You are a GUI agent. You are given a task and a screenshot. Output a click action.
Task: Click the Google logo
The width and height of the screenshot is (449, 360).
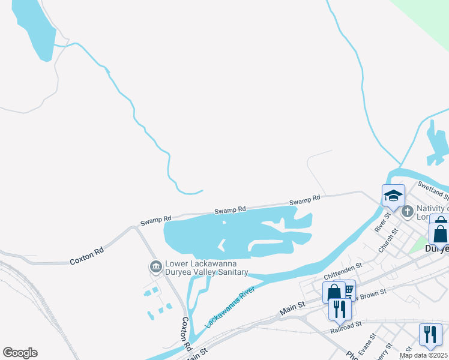tap(20, 353)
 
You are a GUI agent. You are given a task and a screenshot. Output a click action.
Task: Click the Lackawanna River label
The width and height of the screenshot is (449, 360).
tap(230, 307)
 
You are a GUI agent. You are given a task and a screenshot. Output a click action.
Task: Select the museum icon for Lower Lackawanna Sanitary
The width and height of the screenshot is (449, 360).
tap(155, 266)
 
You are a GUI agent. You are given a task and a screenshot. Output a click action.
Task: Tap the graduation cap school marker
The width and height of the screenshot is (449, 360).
tap(393, 196)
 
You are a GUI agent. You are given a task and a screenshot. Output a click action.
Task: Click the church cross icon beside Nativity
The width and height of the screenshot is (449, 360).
tap(407, 211)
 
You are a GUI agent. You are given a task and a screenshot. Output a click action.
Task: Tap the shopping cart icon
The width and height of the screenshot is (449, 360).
tap(348, 289)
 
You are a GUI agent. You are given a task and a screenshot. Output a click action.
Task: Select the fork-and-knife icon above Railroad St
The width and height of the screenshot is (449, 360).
tap(340, 308)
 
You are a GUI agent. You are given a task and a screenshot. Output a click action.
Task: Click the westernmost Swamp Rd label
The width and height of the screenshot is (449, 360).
tap(155, 220)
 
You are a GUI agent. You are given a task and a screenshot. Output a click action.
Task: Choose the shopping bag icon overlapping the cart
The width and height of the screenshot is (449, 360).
tap(334, 292)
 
